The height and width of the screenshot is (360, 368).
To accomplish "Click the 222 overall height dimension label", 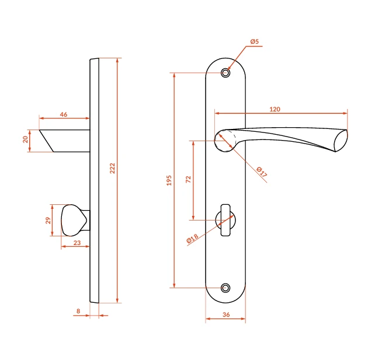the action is coord(112,168).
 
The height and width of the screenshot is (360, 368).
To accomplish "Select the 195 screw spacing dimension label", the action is coord(169,180).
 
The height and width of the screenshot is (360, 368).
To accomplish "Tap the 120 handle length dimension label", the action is coord(275,109).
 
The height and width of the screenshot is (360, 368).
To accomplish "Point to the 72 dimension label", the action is coord(188,180).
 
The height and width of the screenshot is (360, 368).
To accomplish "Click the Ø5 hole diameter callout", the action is coord(255,41).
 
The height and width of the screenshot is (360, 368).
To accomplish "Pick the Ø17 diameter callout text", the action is coord(262,172).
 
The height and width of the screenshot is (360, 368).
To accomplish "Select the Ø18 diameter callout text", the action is coord(192,239).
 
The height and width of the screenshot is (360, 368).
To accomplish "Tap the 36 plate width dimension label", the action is coord(226,314).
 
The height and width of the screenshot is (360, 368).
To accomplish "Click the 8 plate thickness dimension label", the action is coord(78,311).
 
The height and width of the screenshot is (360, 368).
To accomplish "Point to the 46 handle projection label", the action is coord(64,114).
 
